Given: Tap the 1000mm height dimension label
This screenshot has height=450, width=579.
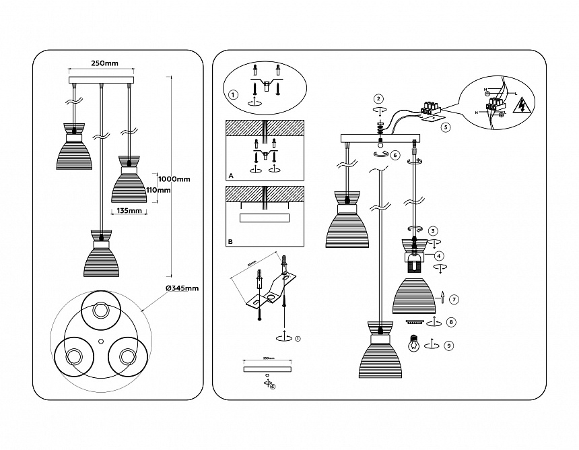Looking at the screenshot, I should [174, 179].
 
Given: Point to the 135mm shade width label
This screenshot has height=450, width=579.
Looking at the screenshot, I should [129, 211].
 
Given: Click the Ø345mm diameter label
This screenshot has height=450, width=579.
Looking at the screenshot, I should [182, 288].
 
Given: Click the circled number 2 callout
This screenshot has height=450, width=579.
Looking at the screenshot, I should [378, 99].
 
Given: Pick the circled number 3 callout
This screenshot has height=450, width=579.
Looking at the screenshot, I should [433, 230].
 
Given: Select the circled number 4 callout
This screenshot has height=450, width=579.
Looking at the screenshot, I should [438, 256].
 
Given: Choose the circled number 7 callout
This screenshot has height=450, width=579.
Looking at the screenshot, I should [454, 299].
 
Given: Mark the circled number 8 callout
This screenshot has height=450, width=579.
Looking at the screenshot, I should [451, 322].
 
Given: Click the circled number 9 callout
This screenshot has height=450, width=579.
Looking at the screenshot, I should [449, 346].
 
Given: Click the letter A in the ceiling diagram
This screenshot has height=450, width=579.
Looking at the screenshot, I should [231, 174].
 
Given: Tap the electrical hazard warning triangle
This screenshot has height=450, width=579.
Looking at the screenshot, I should [522, 106].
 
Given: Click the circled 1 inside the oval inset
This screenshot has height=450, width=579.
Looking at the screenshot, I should [233, 95].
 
